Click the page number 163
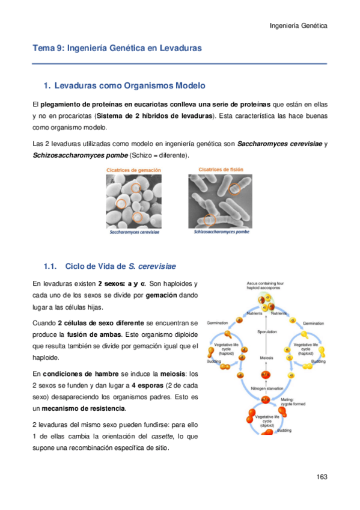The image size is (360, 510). pyautogui.click(x=321, y=477)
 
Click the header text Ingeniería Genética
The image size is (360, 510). pyautogui.click(x=299, y=26)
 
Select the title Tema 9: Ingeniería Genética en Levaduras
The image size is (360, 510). pyautogui.click(x=117, y=48)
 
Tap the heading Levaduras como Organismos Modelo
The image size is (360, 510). pyautogui.click(x=129, y=85)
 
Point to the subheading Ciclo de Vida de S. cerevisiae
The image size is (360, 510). pyautogui.click(x=120, y=266)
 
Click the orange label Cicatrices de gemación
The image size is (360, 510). pyautogui.click(x=133, y=171)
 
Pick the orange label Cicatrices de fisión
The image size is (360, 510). pyautogui.click(x=221, y=170)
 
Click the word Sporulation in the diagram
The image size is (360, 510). pyautogui.click(x=267, y=331)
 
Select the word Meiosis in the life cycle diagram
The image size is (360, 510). pyautogui.click(x=267, y=358)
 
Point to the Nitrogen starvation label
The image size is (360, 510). pyautogui.click(x=267, y=388)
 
